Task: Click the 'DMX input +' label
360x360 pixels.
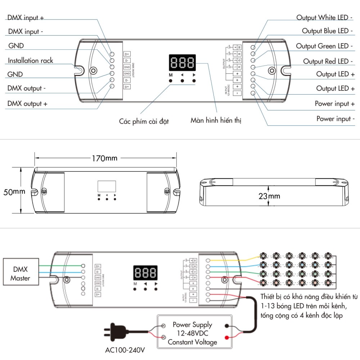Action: tap(26, 18)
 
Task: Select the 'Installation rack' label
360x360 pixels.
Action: tap(31, 60)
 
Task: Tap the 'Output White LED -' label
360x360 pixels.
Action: tap(324, 17)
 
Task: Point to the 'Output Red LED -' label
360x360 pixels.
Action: tap(328, 61)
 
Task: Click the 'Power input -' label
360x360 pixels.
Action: tap(336, 119)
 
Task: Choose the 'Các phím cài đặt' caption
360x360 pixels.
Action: tap(144, 121)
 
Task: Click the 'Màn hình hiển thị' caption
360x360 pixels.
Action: tap(216, 120)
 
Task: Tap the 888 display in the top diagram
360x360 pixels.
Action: tap(182, 63)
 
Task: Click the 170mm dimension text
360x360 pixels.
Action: tap(104, 158)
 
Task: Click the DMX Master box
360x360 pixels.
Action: tap(20, 274)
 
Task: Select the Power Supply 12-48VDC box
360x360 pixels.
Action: tap(192, 334)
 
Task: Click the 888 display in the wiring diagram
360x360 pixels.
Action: tap(145, 273)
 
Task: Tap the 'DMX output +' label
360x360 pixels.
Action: tap(27, 104)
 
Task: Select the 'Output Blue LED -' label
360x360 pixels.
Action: tap(327, 31)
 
